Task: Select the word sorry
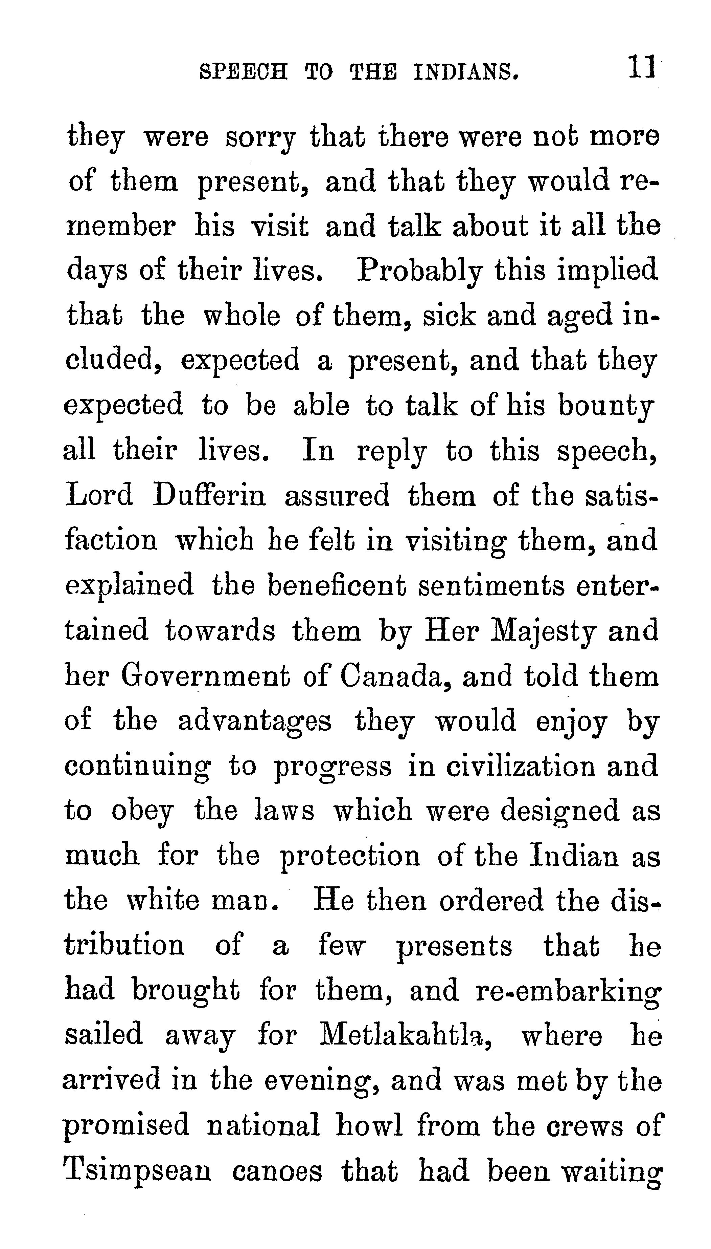point(260,138)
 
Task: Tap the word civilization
point(520,766)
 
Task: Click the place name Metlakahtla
point(405,1036)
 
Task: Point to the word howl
point(369,1125)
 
